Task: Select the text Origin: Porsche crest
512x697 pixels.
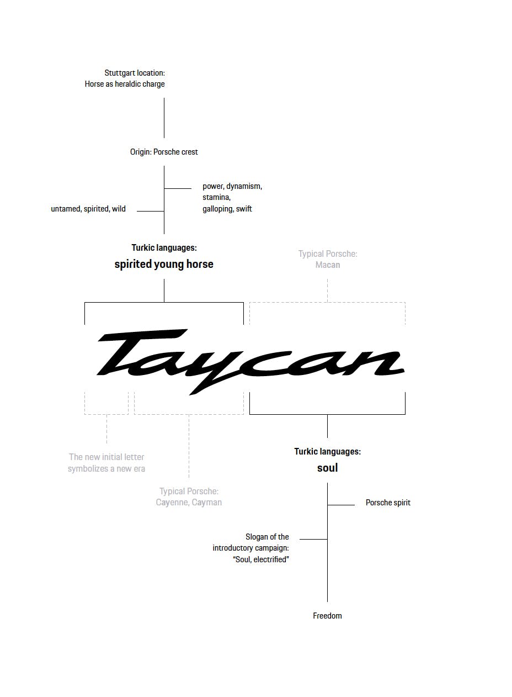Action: (164, 152)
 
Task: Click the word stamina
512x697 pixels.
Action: (216, 197)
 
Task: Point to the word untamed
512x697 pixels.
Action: (66, 209)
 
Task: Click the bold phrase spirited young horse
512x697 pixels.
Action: (164, 264)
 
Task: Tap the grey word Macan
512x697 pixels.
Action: (328, 265)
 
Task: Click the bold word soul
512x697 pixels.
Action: (327, 468)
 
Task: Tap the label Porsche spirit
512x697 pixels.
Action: (388, 503)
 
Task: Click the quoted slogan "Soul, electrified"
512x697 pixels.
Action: (261, 559)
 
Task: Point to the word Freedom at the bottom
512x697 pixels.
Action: (327, 616)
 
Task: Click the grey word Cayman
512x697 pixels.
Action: (207, 503)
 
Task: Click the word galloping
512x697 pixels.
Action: (218, 209)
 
